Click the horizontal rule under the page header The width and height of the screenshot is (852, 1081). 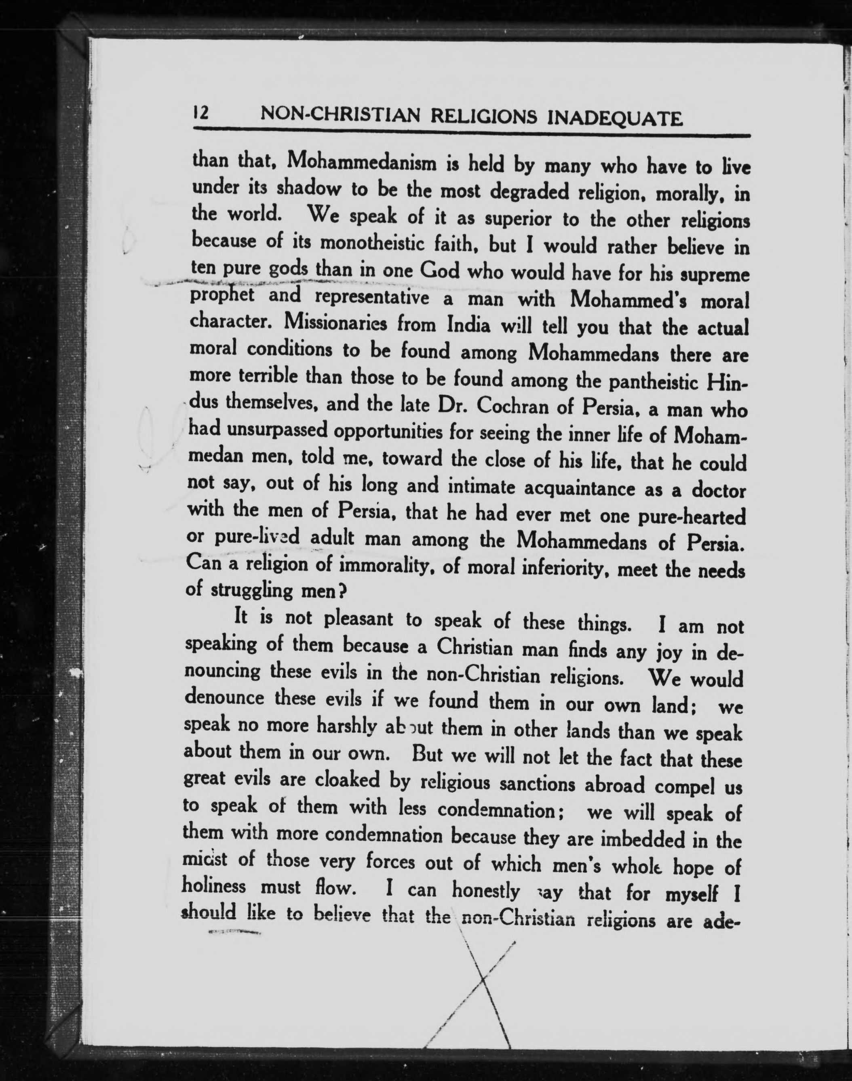471,133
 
